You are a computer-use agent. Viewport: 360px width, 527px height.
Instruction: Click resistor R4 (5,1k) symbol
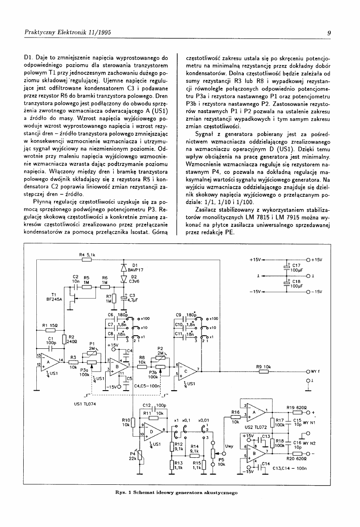[87, 260]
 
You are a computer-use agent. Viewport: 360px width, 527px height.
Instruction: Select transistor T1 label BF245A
[54, 299]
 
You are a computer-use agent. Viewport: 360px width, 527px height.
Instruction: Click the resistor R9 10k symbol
[263, 372]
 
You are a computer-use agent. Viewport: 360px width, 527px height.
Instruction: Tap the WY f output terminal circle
[308, 372]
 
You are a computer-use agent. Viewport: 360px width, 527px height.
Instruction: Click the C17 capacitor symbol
[287, 267]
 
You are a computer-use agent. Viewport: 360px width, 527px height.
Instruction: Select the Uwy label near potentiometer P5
[229, 446]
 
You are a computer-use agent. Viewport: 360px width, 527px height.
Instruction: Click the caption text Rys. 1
[125, 492]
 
